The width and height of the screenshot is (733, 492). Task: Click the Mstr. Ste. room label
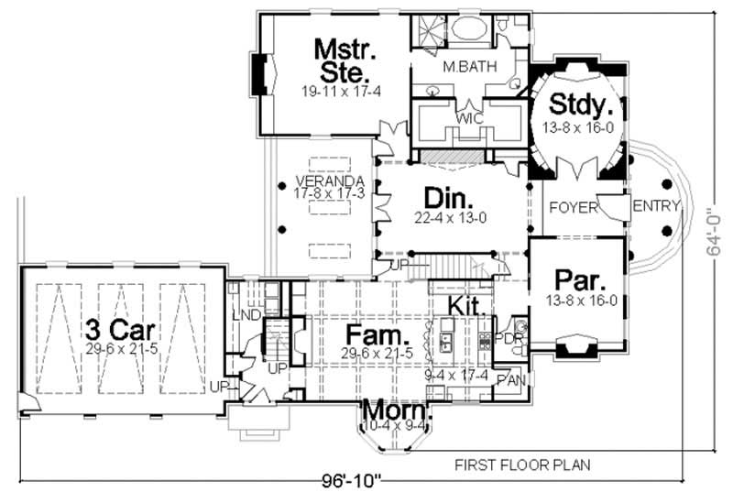point(340,59)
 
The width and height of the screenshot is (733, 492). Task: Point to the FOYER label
point(573,208)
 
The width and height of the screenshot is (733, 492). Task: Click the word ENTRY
point(656,205)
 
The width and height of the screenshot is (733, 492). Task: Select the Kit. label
point(465,304)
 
